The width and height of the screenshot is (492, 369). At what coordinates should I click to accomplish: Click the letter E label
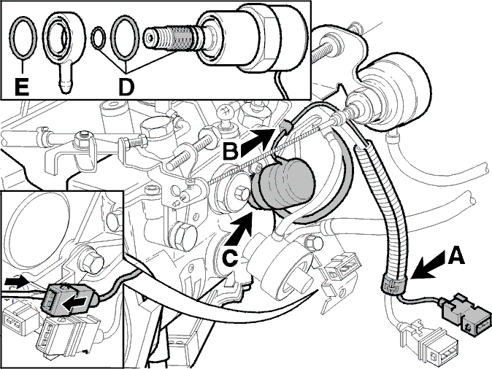(22, 86)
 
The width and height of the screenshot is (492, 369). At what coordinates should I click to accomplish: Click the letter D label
(126, 86)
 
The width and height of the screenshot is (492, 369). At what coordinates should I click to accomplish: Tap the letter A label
(456, 255)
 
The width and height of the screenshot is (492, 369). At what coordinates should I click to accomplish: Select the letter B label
(231, 152)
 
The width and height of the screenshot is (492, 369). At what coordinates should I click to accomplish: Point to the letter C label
(230, 259)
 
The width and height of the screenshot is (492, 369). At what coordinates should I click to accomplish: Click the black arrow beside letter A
(428, 265)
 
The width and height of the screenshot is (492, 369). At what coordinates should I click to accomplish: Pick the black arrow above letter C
(240, 229)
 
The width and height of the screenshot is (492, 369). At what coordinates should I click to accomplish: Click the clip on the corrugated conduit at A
(394, 283)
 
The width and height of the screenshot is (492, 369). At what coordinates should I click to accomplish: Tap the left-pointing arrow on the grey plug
(74, 303)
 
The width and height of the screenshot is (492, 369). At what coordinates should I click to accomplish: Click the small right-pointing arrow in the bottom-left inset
(15, 281)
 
